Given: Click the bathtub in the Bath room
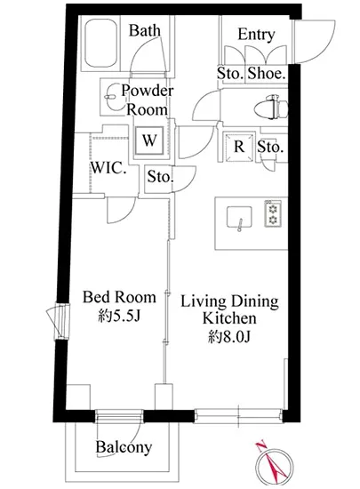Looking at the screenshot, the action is [101, 44].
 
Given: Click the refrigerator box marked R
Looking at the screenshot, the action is [239, 147].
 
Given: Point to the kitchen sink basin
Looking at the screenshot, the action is [239, 217].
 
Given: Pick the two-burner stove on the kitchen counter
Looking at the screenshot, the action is [273, 213].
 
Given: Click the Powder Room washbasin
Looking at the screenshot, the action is [110, 97].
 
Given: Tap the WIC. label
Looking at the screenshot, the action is [108, 168].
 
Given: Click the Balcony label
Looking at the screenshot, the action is [124, 447].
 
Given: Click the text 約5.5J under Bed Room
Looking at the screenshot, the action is [119, 317].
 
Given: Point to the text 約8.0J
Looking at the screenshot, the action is [229, 337].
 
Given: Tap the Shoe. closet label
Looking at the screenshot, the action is [267, 74].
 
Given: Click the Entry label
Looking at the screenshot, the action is [256, 35].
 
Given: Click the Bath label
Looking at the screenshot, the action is [145, 30].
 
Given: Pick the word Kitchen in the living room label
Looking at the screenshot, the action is [229, 318].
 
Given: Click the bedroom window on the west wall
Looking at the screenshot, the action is [62, 321].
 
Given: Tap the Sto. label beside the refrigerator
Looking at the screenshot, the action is [270, 147].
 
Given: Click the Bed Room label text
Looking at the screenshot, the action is [119, 297].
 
